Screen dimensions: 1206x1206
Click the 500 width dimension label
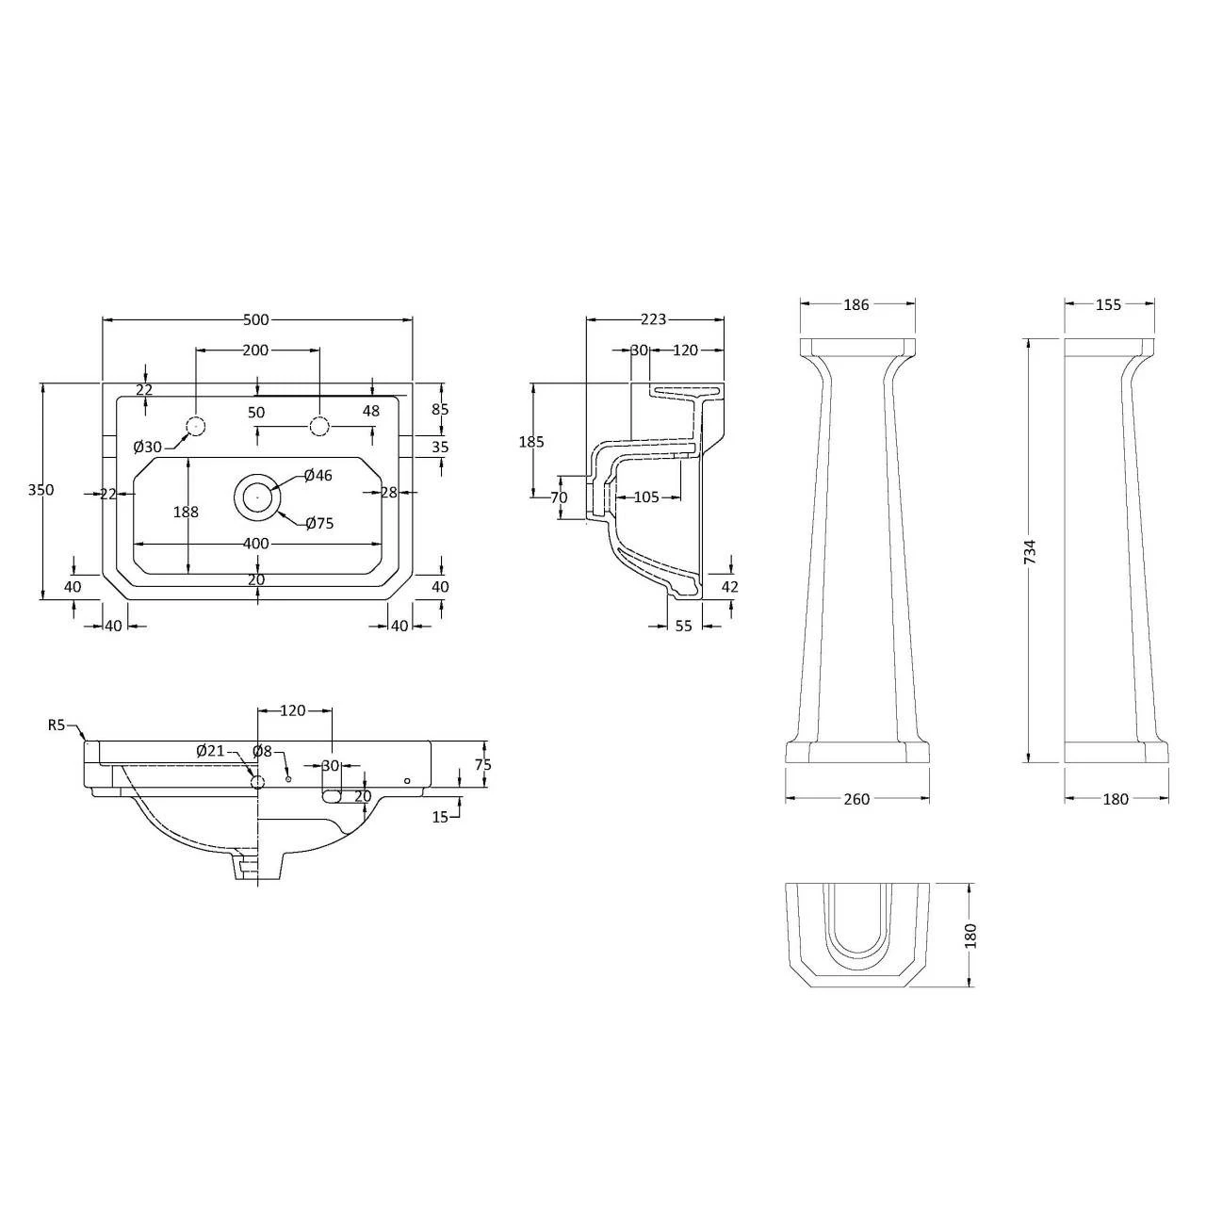(x=255, y=319)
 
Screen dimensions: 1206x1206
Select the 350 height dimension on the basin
(x=41, y=489)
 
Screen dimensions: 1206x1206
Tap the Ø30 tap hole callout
(x=148, y=447)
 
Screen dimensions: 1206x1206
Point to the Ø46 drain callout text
(x=318, y=476)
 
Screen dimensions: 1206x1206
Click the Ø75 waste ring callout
(x=319, y=523)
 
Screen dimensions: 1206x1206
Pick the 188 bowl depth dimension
(x=186, y=512)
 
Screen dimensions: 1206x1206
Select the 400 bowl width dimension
(x=256, y=544)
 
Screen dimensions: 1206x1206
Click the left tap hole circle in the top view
(x=196, y=426)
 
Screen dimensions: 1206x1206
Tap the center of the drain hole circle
(x=257, y=496)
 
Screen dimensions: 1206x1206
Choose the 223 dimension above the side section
(x=653, y=319)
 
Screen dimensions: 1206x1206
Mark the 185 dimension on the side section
(x=531, y=442)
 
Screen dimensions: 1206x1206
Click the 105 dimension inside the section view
(x=646, y=497)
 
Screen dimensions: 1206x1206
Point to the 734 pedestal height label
(x=1031, y=552)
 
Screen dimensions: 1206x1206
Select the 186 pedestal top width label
(x=856, y=304)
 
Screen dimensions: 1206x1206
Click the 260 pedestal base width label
(x=856, y=799)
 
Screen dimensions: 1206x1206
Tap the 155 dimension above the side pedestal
(x=1108, y=304)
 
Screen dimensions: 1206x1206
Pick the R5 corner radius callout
(x=57, y=725)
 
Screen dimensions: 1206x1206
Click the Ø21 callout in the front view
(x=210, y=751)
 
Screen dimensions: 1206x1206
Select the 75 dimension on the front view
(x=483, y=765)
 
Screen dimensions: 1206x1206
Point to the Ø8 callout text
(x=262, y=751)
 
